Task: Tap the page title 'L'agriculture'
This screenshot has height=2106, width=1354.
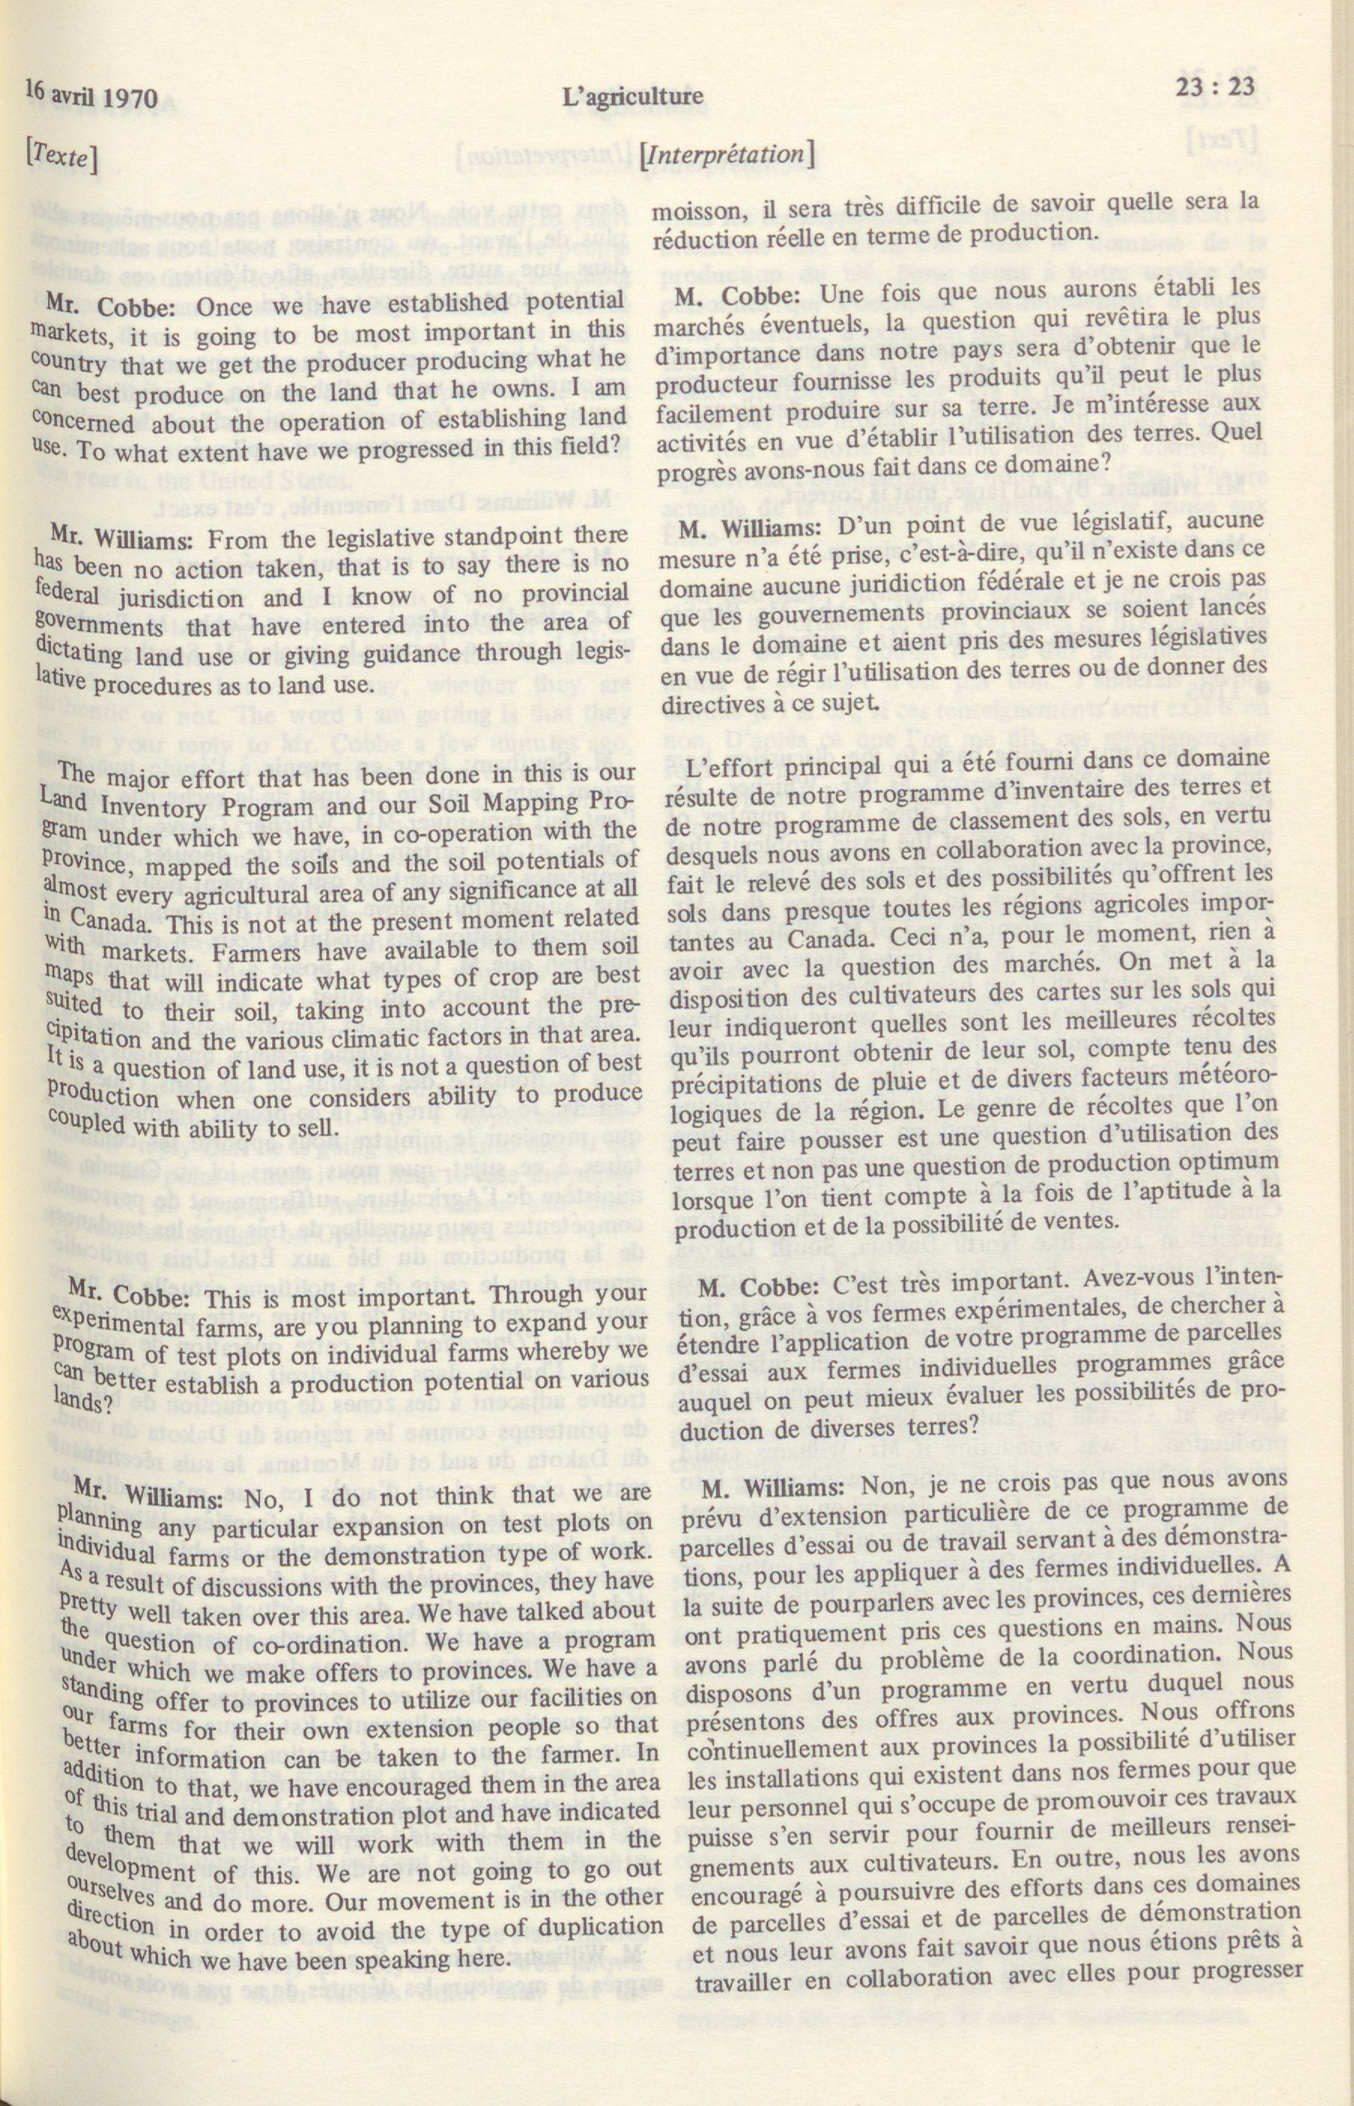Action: click(x=634, y=94)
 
